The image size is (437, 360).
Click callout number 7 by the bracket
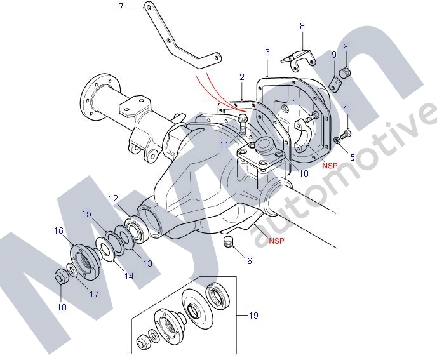121,6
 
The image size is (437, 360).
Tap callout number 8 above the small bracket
302,26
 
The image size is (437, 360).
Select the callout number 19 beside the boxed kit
253,316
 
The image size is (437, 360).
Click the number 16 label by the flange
59,230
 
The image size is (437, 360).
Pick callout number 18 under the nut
62,307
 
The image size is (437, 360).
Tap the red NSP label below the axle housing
276,241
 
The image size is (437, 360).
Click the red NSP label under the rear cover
330,166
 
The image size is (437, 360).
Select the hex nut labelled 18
60,276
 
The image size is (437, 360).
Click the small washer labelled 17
72,270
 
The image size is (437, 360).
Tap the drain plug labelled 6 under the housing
228,241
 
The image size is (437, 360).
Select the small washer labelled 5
337,140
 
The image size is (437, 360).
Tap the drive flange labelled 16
84,260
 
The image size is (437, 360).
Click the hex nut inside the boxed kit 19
143,340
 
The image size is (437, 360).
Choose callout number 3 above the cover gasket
267,53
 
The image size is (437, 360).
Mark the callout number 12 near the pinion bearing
113,199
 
